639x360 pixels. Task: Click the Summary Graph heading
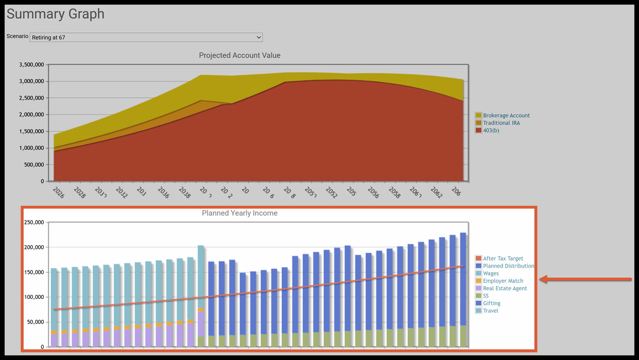(55, 14)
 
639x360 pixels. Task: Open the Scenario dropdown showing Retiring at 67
(146, 37)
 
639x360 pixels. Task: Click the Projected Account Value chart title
(240, 55)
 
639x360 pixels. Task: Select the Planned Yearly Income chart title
(240, 213)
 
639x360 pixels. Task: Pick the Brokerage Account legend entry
(506, 116)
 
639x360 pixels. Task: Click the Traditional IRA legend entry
(501, 123)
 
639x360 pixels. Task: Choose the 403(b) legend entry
(491, 130)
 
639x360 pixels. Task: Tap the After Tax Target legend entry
(503, 259)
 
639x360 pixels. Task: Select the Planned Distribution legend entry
(508, 266)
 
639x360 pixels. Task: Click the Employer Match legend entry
(503, 281)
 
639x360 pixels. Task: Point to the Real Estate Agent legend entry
(505, 288)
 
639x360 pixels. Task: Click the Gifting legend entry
(492, 303)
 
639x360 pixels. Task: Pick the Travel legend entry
(490, 311)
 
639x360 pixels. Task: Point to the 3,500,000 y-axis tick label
(31, 65)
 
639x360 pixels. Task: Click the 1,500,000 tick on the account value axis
(31, 131)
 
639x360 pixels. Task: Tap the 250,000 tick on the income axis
(34, 222)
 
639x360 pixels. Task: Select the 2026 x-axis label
(58, 193)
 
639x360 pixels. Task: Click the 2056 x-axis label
(373, 193)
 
